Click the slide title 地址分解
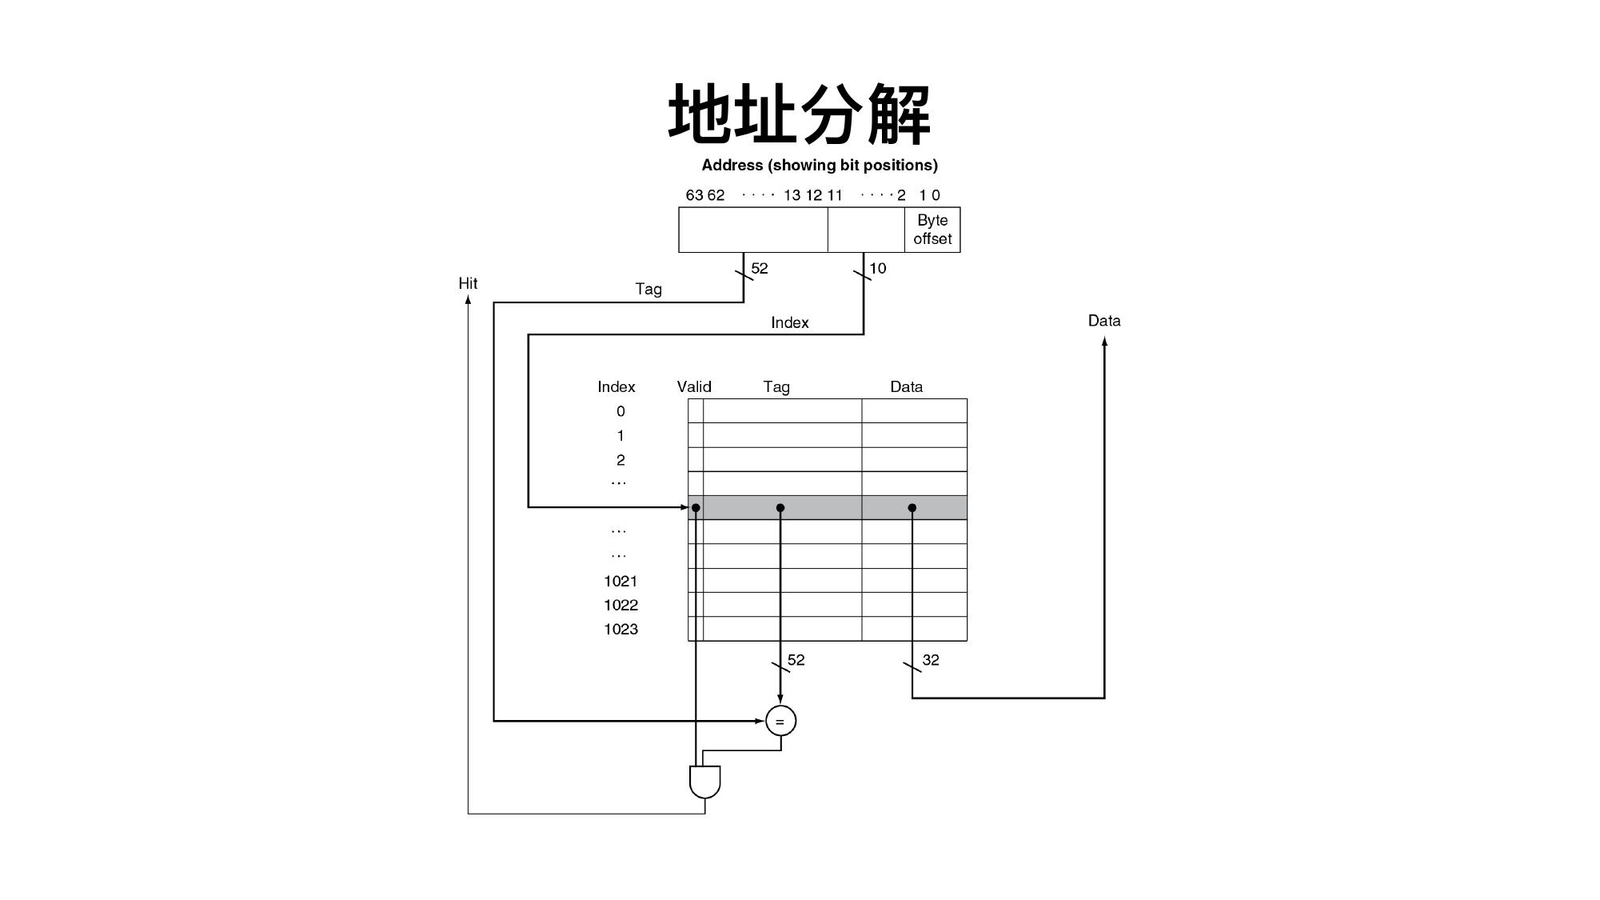coord(800,114)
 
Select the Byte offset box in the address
coord(932,230)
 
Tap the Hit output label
coord(468,283)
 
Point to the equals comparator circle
coord(780,722)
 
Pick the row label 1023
coord(620,630)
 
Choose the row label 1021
coord(620,582)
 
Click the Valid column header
coord(694,387)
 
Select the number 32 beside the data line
coord(931,660)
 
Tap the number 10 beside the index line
coord(878,269)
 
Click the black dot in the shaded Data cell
coord(912,508)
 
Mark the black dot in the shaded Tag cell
coord(780,508)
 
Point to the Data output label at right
coord(1104,321)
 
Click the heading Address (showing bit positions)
coord(820,166)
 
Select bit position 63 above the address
coord(694,195)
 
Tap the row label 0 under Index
coord(620,412)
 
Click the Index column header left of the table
coord(616,387)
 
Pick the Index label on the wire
coord(790,323)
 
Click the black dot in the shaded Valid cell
coord(696,508)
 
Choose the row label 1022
coord(620,606)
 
